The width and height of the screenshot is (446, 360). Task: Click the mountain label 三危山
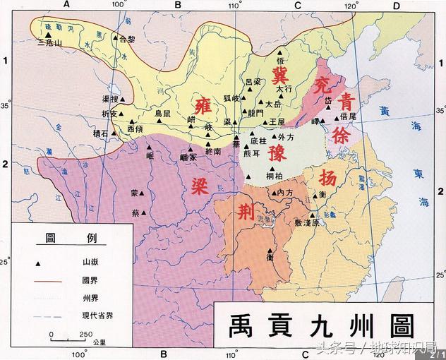click(x=49, y=42)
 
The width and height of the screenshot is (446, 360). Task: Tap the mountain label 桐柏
click(x=275, y=175)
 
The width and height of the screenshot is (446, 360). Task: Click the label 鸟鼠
click(x=162, y=113)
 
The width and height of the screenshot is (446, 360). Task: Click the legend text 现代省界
click(x=98, y=317)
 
